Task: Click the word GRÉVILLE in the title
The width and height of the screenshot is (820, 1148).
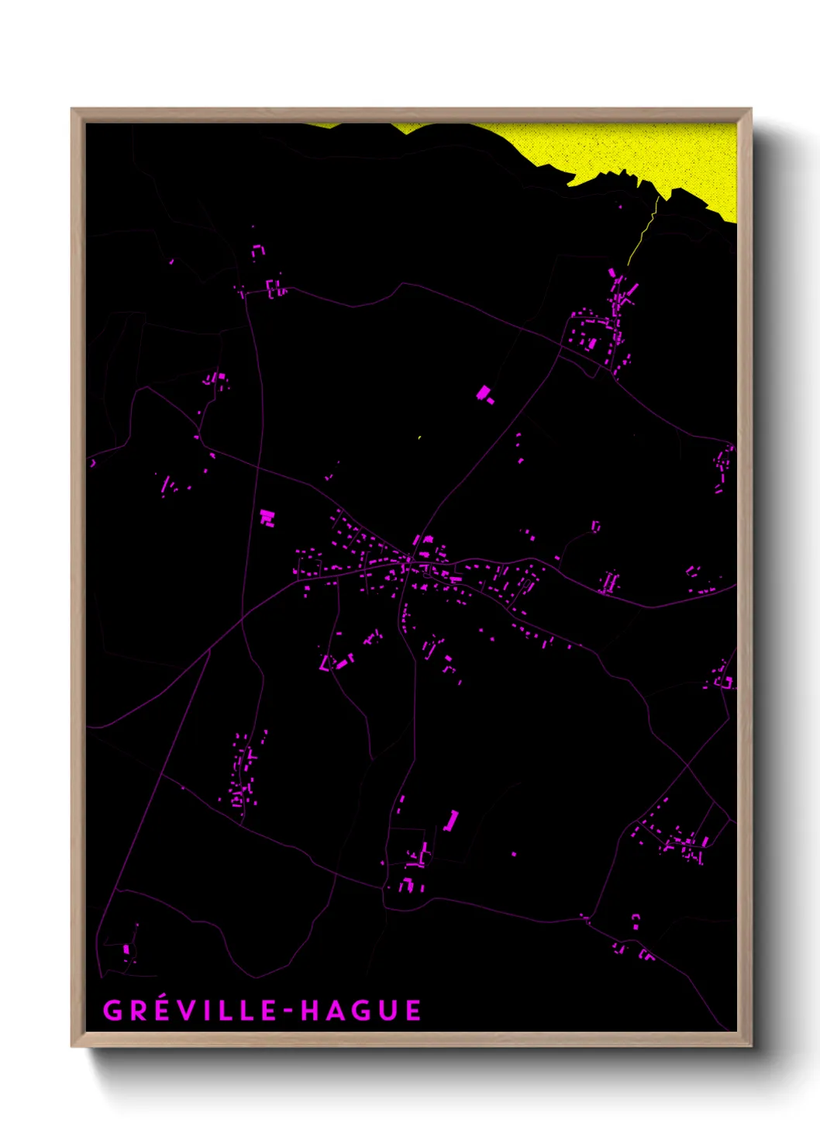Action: pos(191,1011)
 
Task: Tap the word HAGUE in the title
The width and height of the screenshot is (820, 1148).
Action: pos(361,1011)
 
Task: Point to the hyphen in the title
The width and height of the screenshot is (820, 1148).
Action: pos(288,1011)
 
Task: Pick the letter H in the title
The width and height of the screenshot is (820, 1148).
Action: pos(309,1011)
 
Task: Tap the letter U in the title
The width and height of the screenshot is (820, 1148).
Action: pos(388,1011)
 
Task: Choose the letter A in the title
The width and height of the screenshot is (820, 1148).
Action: pos(335,1011)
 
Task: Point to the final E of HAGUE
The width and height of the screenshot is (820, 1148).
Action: pos(412,1011)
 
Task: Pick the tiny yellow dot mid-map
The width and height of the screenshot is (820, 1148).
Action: pos(419,437)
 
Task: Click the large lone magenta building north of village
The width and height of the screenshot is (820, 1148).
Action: pos(484,394)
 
